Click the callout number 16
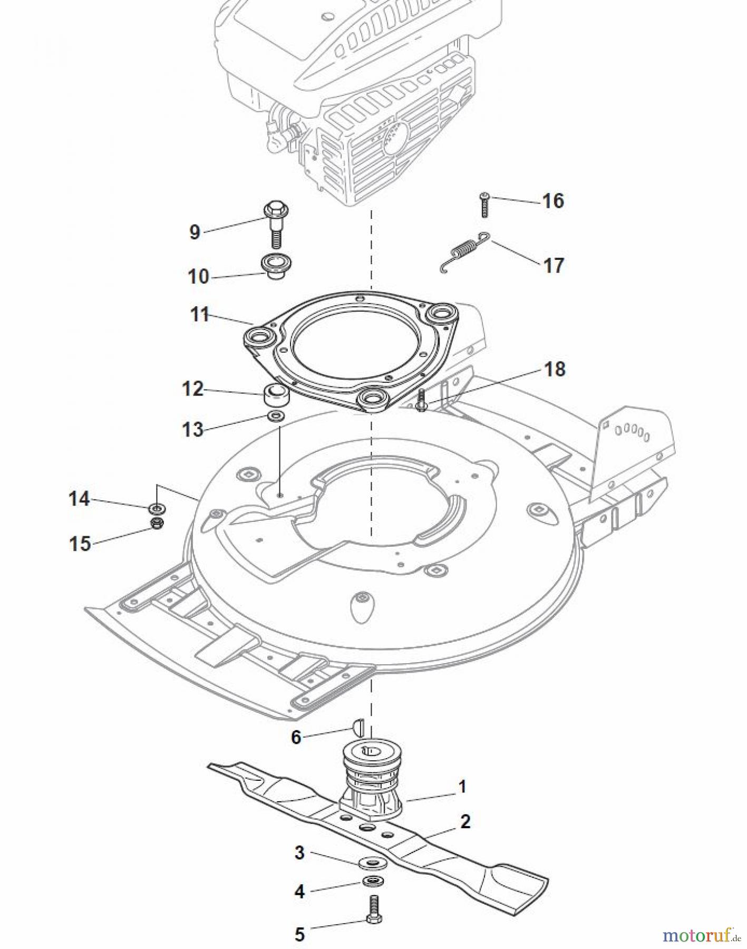pos(552,201)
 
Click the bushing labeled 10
pos(277,266)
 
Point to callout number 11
pos(200,315)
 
